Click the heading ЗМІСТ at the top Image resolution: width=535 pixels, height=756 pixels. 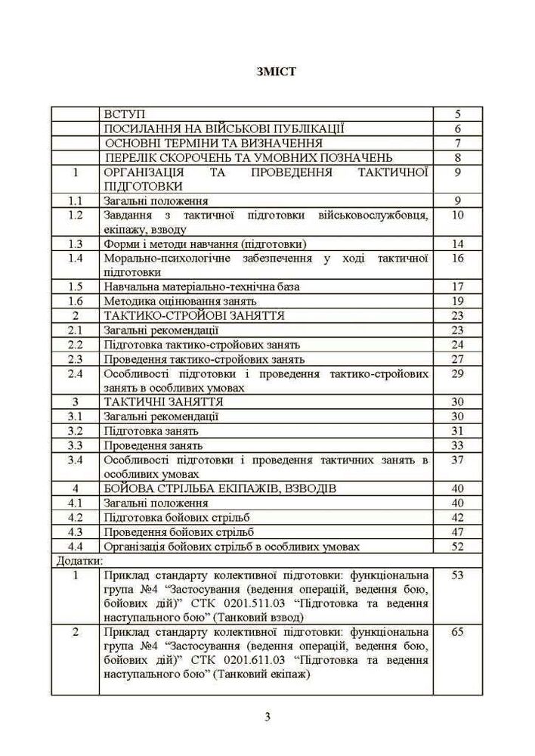tap(267, 73)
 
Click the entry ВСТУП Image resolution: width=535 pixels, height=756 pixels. tap(131, 114)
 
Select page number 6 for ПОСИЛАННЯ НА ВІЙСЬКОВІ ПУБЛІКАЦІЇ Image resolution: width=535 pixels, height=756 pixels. tap(458, 129)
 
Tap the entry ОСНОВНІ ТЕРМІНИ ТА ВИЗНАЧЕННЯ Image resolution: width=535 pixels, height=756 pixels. tap(215, 143)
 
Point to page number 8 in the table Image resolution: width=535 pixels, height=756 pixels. tap(458, 157)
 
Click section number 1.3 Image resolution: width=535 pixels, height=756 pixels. tap(75, 243)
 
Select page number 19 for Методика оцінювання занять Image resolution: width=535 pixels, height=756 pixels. tap(458, 301)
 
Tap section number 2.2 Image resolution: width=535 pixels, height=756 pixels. tap(75, 344)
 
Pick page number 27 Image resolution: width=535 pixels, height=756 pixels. tap(458, 358)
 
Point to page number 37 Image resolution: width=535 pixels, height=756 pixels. tap(458, 459)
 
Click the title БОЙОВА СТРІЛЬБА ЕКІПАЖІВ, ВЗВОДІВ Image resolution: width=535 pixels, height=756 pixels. tap(220, 488)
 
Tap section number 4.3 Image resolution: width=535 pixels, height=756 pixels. tap(75, 531)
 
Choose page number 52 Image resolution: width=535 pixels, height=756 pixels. tap(458, 545)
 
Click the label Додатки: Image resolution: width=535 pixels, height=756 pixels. tap(79, 560)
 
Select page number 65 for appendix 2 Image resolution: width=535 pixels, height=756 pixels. tap(458, 632)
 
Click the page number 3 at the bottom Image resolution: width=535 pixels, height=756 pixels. tap(267, 717)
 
